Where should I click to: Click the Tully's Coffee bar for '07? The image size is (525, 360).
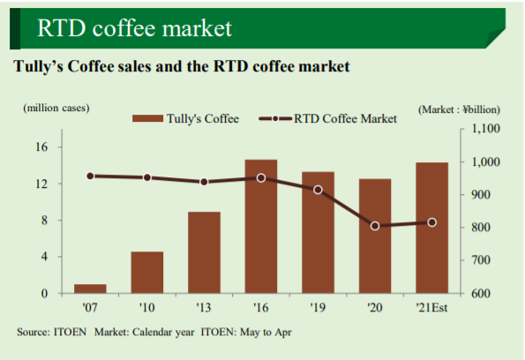click(90, 289)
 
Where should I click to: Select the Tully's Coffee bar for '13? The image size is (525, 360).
click(204, 252)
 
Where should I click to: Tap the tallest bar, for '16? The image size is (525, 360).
click(261, 227)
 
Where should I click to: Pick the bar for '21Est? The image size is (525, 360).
click(432, 228)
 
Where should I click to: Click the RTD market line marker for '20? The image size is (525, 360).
click(375, 226)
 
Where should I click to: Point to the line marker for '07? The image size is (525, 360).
click(90, 176)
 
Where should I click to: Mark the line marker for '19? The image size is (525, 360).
click(318, 190)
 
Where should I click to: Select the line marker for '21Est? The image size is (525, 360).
click(432, 222)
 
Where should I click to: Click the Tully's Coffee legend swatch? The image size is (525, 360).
click(147, 118)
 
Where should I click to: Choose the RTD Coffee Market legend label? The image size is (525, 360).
click(345, 118)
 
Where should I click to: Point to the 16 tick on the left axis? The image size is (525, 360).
click(41, 146)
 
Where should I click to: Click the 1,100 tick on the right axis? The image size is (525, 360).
click(485, 129)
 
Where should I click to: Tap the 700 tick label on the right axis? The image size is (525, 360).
click(481, 260)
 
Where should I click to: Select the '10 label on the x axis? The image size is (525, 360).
click(146, 307)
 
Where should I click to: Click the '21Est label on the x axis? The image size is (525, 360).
click(431, 307)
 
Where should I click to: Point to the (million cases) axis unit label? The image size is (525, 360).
click(56, 108)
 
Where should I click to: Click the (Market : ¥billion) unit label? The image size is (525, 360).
click(459, 109)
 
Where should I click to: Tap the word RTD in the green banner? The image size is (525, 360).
click(61, 28)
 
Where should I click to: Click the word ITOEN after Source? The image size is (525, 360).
click(70, 332)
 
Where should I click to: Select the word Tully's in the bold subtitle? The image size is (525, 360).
click(38, 66)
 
